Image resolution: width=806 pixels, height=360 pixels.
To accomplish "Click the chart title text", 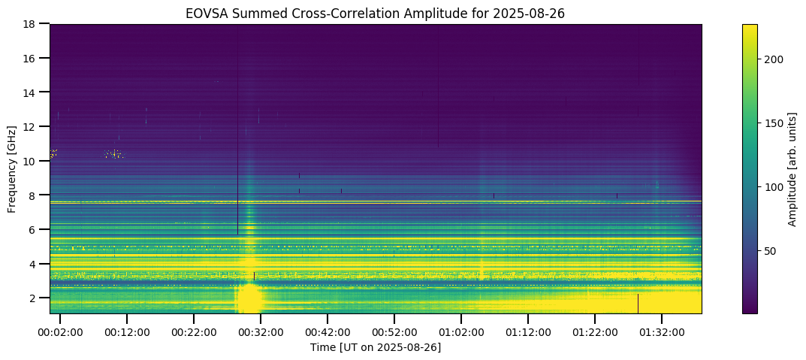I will coord(376,14).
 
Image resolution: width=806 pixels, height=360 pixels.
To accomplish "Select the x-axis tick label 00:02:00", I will coord(60,331).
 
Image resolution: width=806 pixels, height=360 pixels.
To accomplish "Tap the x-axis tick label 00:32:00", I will coord(261,331).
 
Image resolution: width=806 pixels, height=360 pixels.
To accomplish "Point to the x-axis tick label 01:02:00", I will coord(461,331).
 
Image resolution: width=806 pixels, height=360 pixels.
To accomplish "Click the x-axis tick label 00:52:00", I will coord(394,331).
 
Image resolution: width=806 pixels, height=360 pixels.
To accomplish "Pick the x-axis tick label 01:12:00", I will coord(528,331).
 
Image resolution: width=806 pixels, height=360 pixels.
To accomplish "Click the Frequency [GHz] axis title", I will coord(13,168).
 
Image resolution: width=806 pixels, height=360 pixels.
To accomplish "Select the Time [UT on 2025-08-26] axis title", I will coord(376,347).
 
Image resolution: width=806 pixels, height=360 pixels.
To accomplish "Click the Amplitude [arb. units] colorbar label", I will coord(792,168).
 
